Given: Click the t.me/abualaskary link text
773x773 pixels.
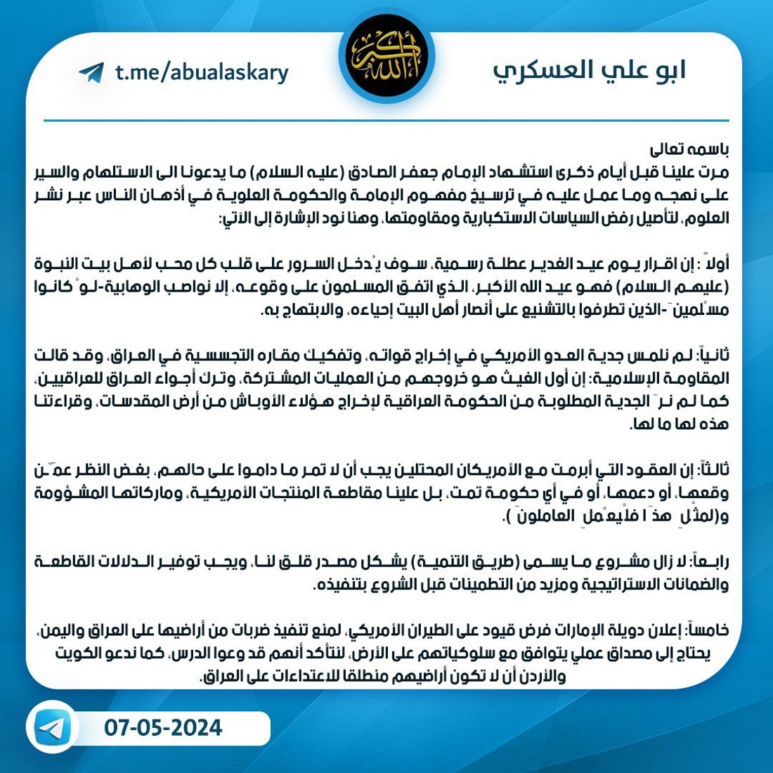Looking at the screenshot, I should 202,72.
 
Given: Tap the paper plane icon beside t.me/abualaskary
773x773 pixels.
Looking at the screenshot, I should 91,72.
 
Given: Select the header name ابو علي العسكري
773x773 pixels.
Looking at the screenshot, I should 589,71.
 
